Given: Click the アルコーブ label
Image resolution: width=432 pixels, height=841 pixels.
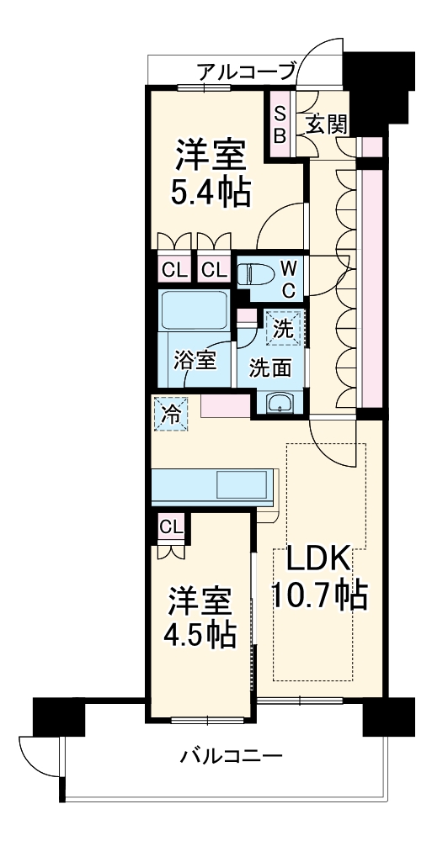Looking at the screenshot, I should pos(247,71).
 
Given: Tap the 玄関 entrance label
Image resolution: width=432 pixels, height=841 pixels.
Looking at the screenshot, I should pos(327,124).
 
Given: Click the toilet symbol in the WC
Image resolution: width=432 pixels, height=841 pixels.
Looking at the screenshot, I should pos(253,275).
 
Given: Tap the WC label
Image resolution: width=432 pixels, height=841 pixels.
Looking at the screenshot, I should pos(288,278).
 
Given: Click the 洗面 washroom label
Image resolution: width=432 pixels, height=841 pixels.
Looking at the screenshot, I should pos(269,367).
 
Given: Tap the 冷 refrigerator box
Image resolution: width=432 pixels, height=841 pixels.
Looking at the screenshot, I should pos(171,415).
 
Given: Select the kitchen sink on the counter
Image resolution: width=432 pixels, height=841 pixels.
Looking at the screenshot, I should pos(243,485).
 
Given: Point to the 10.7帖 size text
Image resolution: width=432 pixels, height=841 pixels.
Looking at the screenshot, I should pos(317,596).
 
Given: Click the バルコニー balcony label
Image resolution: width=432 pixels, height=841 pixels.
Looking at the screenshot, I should pos(231,754).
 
